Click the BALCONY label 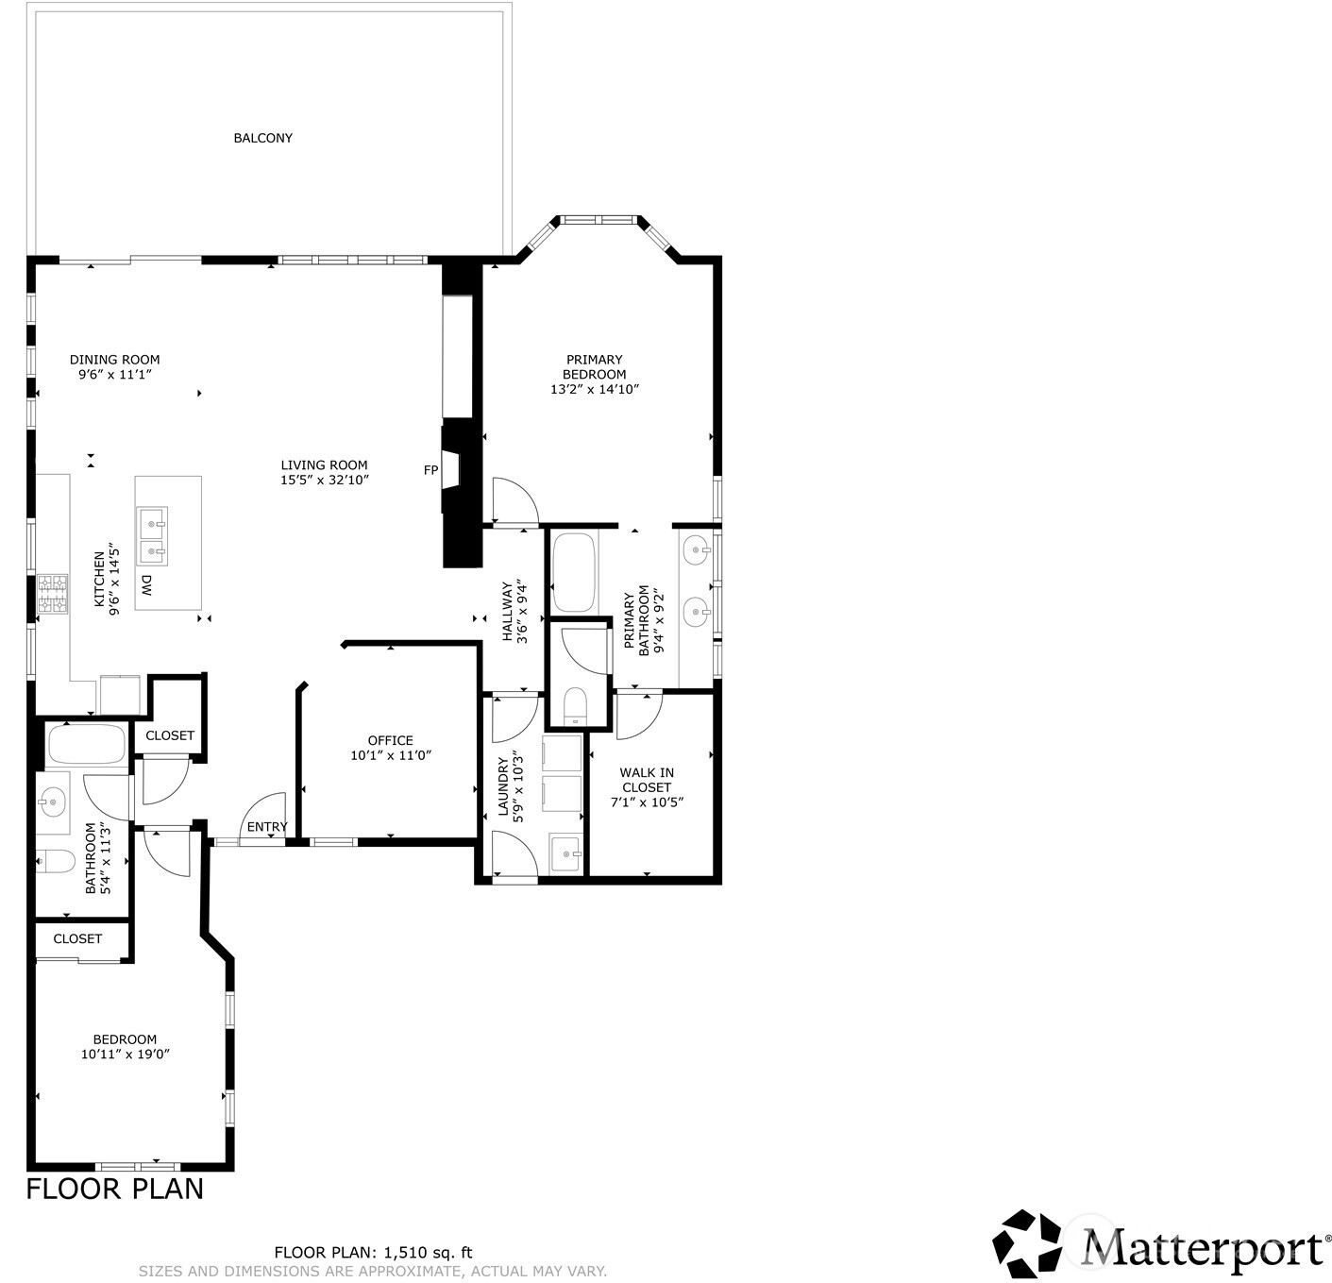(x=262, y=138)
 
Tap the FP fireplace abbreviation (x=430, y=470)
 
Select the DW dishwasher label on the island (x=145, y=584)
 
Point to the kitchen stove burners (x=53, y=594)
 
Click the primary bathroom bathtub (x=574, y=572)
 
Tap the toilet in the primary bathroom (x=576, y=706)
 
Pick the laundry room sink (x=565, y=853)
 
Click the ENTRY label (x=267, y=827)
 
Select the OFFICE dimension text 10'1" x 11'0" (x=391, y=756)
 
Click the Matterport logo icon (x=1027, y=1248)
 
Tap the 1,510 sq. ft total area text (x=428, y=1253)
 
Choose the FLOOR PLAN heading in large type (x=115, y=1190)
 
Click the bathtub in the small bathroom (x=86, y=745)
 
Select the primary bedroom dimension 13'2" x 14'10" (x=595, y=390)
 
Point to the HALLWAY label (x=507, y=612)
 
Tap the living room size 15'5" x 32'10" (x=325, y=480)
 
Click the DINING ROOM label (x=115, y=360)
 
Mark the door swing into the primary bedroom (x=514, y=501)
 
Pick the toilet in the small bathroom (x=55, y=862)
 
